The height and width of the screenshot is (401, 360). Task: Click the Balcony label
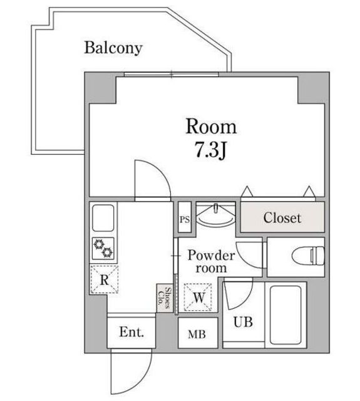(113, 48)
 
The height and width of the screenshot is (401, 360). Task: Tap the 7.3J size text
(210, 150)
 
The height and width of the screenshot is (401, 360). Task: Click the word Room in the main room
(211, 127)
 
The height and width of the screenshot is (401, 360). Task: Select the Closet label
(282, 218)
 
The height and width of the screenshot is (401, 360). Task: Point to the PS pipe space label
(185, 220)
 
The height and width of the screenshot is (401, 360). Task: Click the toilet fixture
(308, 256)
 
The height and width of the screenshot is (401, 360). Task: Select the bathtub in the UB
(285, 315)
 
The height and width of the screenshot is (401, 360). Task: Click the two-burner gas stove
(103, 248)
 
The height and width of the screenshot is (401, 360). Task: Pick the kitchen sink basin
(103, 218)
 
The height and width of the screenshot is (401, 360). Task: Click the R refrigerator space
(105, 279)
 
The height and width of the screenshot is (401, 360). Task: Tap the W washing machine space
(198, 297)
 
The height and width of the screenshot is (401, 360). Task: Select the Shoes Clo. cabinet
(165, 298)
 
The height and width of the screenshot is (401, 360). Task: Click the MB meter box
(198, 333)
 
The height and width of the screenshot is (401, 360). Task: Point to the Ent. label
(131, 332)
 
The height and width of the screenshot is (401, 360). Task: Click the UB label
(243, 322)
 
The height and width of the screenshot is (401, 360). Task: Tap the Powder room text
(211, 262)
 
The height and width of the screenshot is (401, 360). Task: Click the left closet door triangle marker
(247, 192)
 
